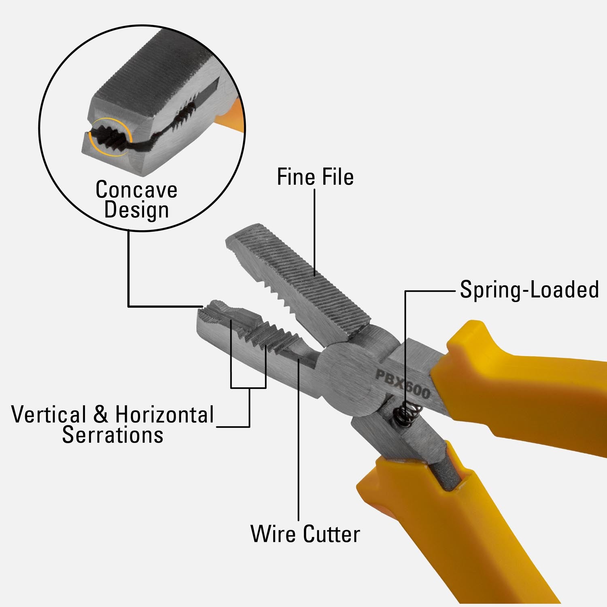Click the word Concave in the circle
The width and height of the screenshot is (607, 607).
(x=136, y=189)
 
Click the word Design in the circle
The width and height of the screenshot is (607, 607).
(x=136, y=210)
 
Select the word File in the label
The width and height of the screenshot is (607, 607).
(x=337, y=177)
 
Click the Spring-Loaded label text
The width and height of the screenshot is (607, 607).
(x=529, y=290)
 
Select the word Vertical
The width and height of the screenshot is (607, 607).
(x=49, y=415)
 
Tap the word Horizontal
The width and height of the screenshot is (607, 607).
(x=164, y=415)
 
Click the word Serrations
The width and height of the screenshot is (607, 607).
(x=112, y=435)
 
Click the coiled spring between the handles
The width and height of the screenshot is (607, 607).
(x=408, y=414)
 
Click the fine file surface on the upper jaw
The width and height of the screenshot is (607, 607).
(x=308, y=279)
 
